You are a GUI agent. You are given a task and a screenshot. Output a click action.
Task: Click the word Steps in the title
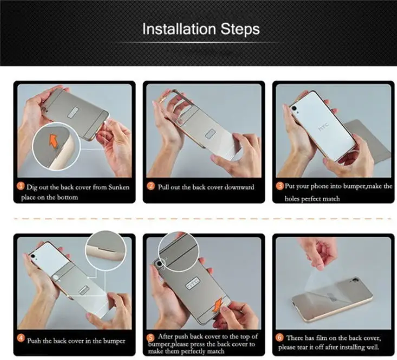[240, 29]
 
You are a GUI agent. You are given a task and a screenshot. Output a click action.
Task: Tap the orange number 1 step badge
[21, 187]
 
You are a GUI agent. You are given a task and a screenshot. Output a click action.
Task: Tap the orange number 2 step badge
[151, 187]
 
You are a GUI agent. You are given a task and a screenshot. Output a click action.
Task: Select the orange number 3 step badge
[280, 186]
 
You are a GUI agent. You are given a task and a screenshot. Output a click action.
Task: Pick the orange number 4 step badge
[21, 338]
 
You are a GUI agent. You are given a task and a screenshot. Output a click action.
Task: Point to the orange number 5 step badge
[151, 338]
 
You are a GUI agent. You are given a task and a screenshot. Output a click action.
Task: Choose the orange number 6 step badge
[279, 337]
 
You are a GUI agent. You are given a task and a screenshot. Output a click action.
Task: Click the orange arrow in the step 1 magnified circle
[54, 141]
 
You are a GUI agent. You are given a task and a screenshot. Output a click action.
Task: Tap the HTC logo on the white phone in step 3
[324, 127]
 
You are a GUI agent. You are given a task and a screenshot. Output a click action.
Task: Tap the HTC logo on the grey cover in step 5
[193, 283]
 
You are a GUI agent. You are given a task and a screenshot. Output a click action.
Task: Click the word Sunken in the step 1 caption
[119, 188]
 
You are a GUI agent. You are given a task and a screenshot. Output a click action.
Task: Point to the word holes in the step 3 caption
[292, 198]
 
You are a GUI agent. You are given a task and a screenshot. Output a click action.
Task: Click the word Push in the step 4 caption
[34, 340]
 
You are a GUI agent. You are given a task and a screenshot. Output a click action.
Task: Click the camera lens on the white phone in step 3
[294, 108]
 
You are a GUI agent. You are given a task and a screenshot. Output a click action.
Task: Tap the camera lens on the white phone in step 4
[33, 256]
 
